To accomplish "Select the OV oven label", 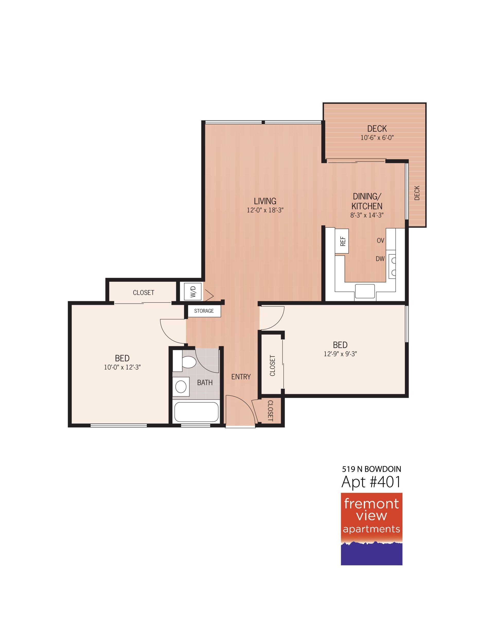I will pos(380,241).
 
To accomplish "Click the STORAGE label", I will pos(204,311).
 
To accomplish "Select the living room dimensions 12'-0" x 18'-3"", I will pos(266,210).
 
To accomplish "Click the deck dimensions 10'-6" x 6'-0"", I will pos(377,138).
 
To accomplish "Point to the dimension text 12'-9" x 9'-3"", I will pos(340,354).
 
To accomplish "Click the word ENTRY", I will pos(241,377).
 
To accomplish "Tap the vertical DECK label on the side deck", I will pos(417,193).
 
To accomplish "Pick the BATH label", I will pos(205,383).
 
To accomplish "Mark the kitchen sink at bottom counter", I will pos(365,290).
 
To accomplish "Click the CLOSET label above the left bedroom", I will pos(143,292).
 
